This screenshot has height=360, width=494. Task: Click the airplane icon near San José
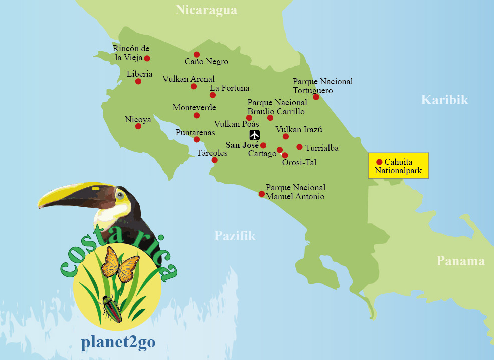255,135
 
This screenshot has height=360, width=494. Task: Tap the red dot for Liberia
138,81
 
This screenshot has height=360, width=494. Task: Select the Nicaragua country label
206,10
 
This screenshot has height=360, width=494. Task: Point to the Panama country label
460,261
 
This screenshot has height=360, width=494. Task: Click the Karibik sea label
444,100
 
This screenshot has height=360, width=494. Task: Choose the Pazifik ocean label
235,236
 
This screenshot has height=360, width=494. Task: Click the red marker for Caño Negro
197,54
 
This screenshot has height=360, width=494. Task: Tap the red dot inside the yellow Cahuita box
379,162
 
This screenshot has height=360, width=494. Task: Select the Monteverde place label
194,107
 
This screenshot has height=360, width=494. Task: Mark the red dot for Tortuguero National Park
316,97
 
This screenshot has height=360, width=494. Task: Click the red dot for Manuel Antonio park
261,194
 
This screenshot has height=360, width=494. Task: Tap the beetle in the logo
111,308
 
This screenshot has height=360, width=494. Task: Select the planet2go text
118,342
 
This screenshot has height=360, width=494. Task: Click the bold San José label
242,145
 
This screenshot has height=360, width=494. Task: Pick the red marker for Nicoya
138,126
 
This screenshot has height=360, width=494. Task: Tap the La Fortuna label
229,88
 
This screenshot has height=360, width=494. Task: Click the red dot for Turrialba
299,147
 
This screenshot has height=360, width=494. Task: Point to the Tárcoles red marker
215,160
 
